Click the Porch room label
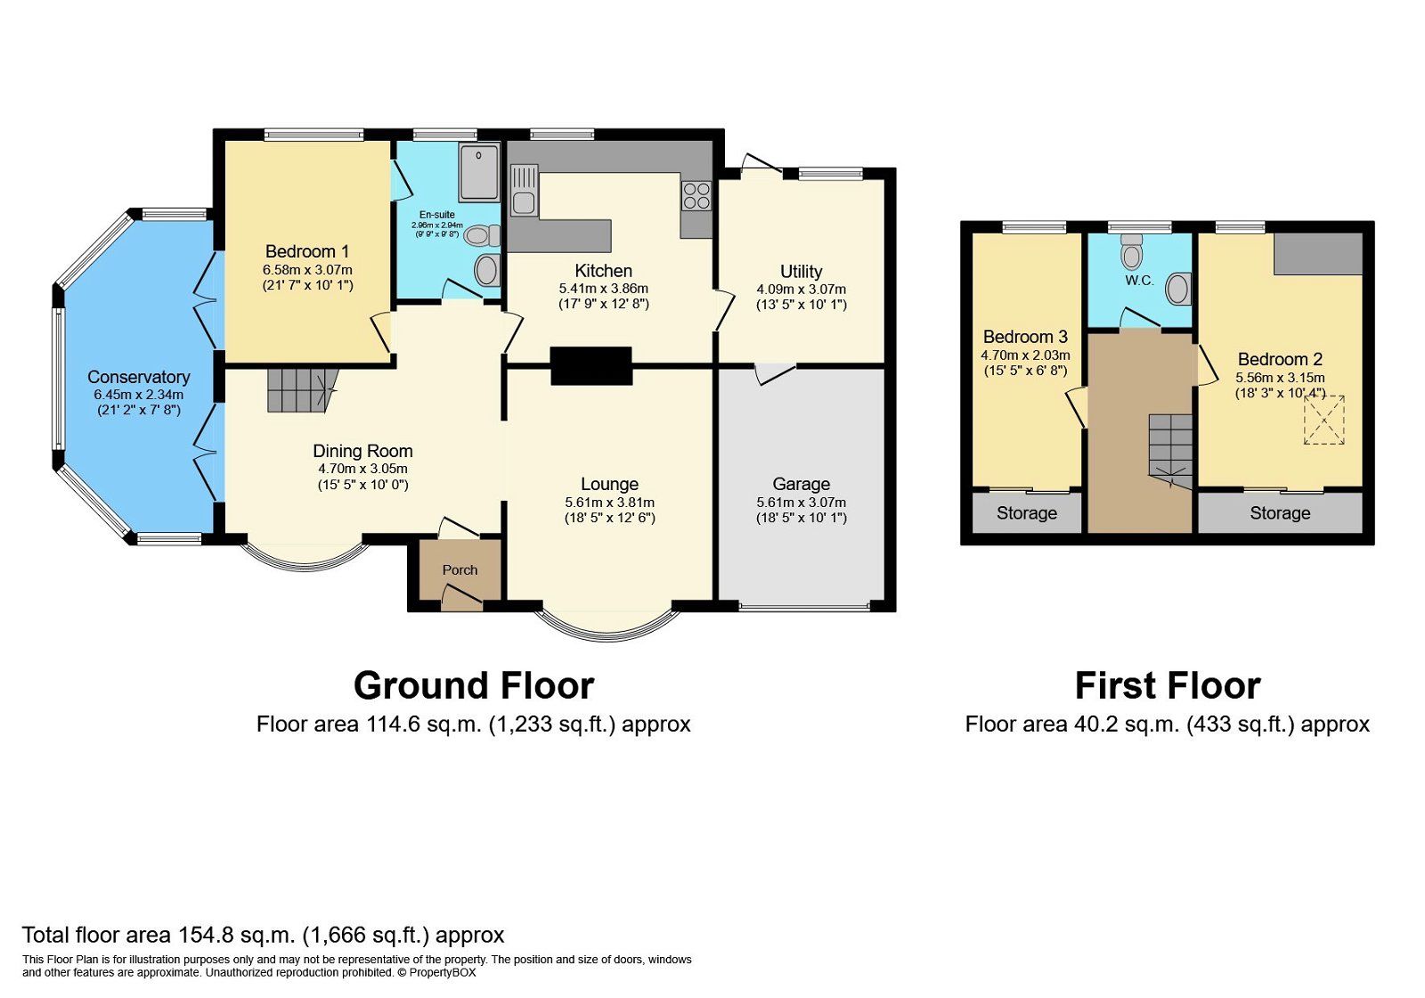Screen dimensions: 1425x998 click(x=460, y=570)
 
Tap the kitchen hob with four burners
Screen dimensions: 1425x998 click(x=696, y=196)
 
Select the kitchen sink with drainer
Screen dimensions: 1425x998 click(x=524, y=191)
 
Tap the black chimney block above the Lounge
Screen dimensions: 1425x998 click(x=591, y=366)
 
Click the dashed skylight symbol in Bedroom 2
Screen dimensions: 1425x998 click(x=1324, y=420)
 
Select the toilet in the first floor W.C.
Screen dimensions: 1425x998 click(x=1131, y=252)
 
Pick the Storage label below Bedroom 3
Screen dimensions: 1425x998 click(x=1027, y=513)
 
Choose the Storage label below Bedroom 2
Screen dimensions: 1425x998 click(x=1280, y=513)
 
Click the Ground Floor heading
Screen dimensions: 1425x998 click(x=474, y=686)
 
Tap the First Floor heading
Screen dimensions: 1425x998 click(x=1168, y=686)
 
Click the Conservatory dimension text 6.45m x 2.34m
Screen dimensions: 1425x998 click(x=139, y=395)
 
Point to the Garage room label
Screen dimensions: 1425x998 click(x=801, y=485)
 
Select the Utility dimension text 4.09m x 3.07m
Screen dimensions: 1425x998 click(x=801, y=290)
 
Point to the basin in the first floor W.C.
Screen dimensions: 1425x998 click(x=1178, y=289)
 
